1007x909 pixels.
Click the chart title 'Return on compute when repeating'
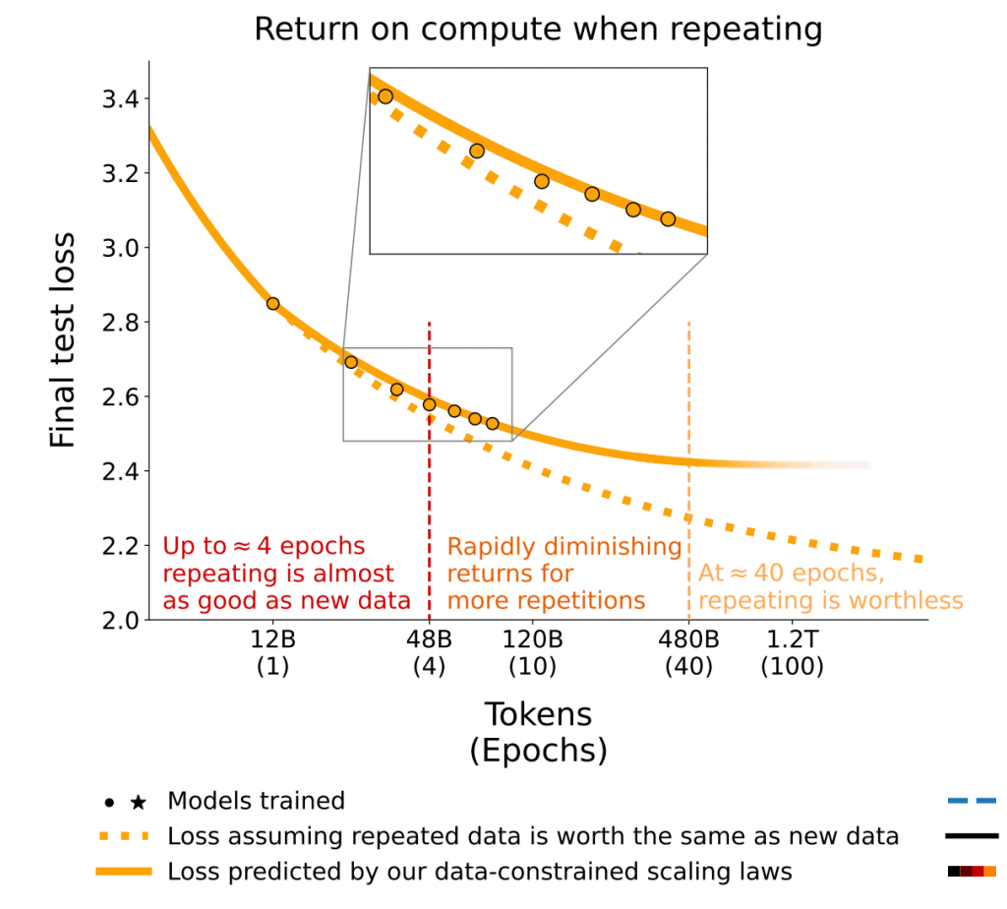(538, 29)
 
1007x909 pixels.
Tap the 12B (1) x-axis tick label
(272, 652)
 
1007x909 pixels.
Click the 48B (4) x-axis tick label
(430, 652)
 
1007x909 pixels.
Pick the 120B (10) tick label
(532, 652)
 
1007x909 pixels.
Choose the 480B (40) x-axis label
(689, 652)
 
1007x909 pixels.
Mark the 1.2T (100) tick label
(792, 652)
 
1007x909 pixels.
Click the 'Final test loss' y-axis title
(63, 340)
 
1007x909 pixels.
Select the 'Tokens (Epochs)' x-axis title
(538, 732)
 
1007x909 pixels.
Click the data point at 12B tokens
(273, 304)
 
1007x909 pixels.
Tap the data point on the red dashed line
(430, 404)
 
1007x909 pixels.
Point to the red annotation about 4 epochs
(278, 574)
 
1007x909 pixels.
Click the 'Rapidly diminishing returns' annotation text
(563, 574)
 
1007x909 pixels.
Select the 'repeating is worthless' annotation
(830, 587)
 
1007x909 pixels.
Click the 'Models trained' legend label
(256, 801)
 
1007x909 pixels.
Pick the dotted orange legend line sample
(123, 837)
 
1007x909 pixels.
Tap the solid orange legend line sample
(123, 872)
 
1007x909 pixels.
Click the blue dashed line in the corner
(972, 801)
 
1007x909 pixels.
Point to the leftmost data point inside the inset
(385, 96)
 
